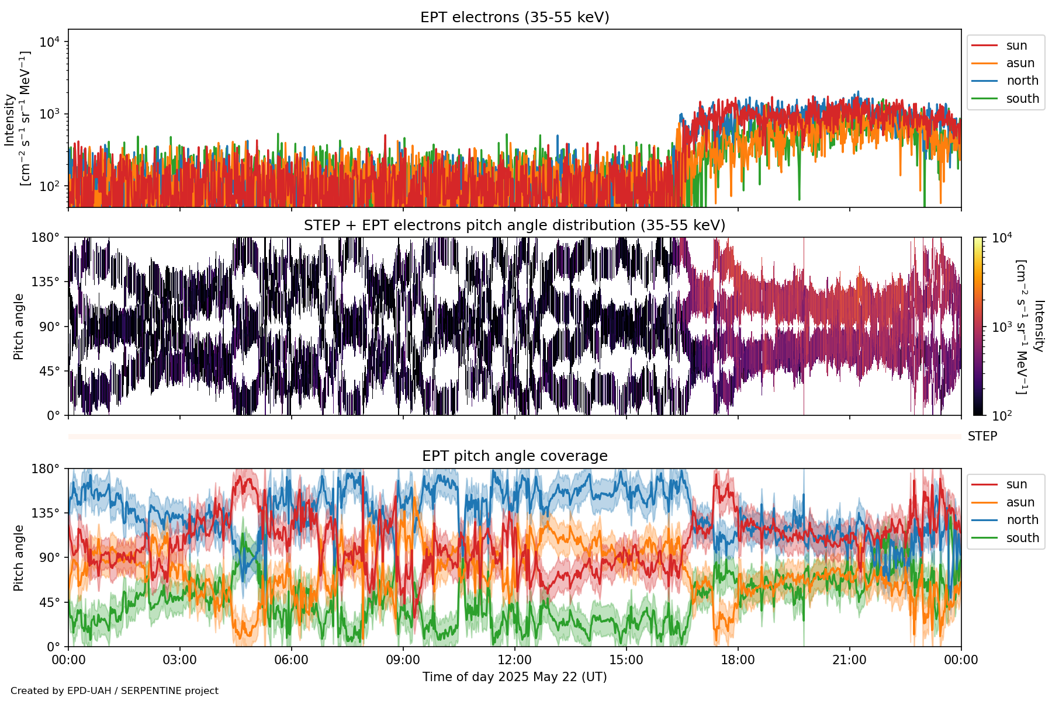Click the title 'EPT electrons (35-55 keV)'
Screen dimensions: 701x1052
pyautogui.click(x=514, y=18)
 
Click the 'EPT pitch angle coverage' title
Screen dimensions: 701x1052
pyautogui.click(x=514, y=456)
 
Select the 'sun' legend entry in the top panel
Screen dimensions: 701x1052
pyautogui.click(x=1016, y=46)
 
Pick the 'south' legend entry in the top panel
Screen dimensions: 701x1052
pyautogui.click(x=1022, y=99)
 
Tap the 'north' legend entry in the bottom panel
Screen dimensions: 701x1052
pyautogui.click(x=1022, y=520)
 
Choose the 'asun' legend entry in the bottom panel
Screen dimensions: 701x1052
pyautogui.click(x=1020, y=502)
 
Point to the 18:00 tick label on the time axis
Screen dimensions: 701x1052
pyautogui.click(x=738, y=660)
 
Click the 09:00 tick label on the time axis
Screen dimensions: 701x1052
pyautogui.click(x=403, y=660)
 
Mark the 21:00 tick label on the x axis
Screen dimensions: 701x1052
pyautogui.click(x=849, y=660)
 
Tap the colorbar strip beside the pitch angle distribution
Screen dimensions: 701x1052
pyautogui.click(x=978, y=326)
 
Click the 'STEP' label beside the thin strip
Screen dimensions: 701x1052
pyautogui.click(x=982, y=436)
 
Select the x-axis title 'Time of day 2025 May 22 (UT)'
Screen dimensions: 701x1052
pyautogui.click(x=514, y=677)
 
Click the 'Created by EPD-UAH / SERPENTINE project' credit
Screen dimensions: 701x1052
pyautogui.click(x=115, y=691)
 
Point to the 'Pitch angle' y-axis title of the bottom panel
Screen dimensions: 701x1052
pyautogui.click(x=19, y=558)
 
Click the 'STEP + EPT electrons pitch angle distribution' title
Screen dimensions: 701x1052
pyautogui.click(x=514, y=225)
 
